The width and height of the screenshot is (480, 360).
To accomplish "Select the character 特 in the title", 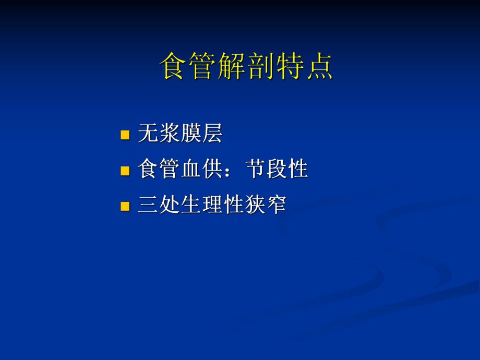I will (x=290, y=66).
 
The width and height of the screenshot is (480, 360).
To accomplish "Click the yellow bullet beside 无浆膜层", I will (x=125, y=135).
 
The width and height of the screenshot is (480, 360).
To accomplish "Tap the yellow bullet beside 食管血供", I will (x=125, y=170).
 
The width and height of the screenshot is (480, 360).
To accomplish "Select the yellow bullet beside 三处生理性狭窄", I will (x=125, y=206).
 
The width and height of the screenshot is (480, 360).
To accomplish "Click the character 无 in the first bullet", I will (x=148, y=134).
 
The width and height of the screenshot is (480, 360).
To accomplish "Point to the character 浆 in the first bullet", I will (x=170, y=134).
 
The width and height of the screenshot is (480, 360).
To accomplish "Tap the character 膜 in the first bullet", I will (x=191, y=134).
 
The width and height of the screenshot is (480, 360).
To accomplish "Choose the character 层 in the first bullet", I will (x=212, y=134).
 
